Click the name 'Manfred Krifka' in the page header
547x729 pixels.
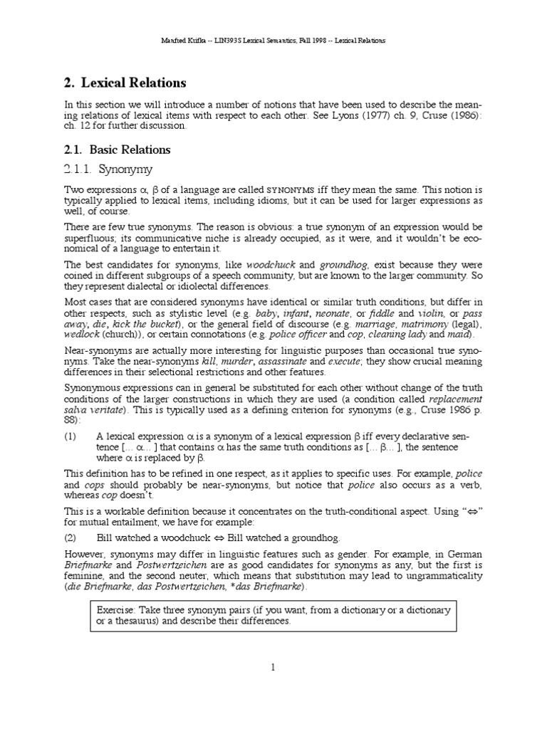(x=185, y=41)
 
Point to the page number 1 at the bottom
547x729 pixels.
(x=273, y=667)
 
